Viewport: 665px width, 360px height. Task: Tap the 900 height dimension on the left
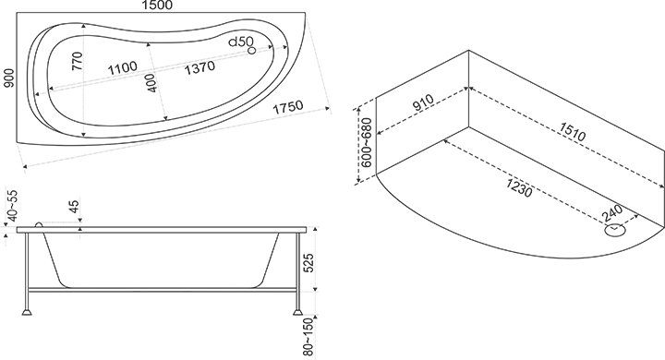click(x=9, y=78)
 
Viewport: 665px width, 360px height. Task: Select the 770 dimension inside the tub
click(x=78, y=61)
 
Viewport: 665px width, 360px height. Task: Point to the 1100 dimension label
click(x=123, y=67)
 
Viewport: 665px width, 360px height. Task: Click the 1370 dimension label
click(x=199, y=67)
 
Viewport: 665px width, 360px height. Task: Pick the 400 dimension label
click(x=151, y=83)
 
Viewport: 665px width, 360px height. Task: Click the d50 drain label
click(x=241, y=42)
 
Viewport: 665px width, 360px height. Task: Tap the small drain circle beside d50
click(x=252, y=51)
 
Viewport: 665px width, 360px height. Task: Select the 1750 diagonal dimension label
click(x=288, y=107)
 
